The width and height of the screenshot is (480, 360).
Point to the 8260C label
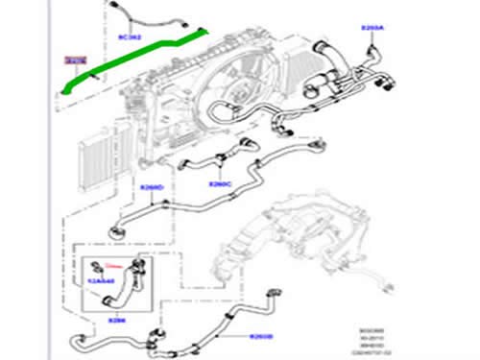coord(220,183)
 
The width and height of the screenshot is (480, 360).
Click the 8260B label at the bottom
coord(261,335)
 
